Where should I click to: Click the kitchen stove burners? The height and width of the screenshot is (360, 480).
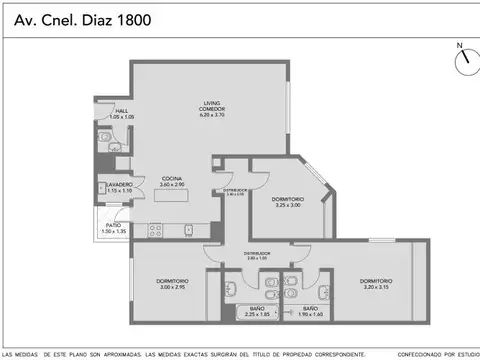tap(156, 230)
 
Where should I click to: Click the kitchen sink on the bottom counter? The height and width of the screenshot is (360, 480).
tap(188, 230)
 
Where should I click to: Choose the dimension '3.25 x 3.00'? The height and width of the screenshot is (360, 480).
tap(288, 206)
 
